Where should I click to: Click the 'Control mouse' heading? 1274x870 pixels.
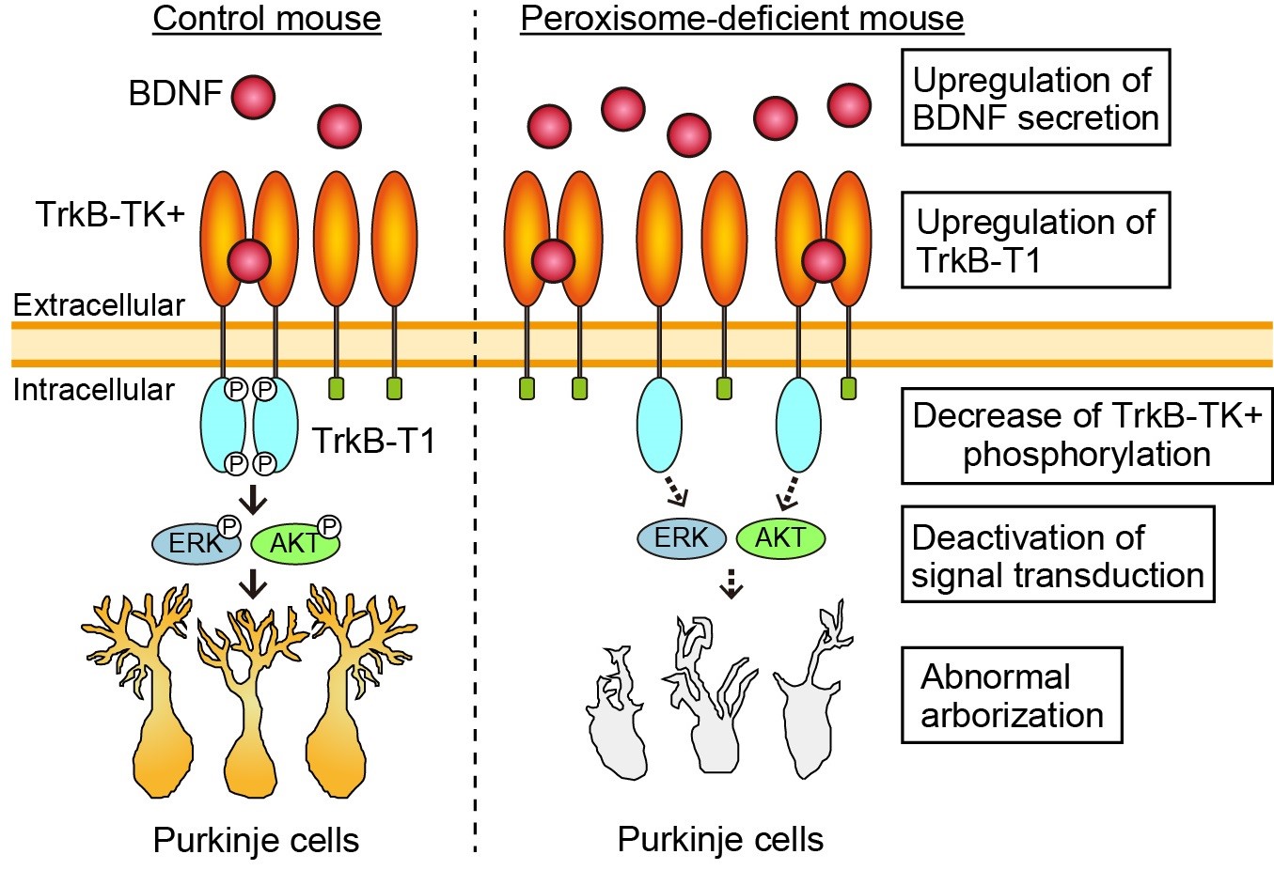coord(266,19)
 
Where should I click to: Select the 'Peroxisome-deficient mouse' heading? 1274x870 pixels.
coord(742,19)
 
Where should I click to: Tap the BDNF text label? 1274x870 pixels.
coord(175,94)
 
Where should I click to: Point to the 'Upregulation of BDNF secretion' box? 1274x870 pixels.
coord(1035,99)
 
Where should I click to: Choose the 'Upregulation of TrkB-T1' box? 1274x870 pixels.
coord(1035,240)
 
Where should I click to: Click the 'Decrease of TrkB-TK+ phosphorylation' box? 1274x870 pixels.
coord(1087,435)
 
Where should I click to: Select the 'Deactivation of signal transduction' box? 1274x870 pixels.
coord(1057,555)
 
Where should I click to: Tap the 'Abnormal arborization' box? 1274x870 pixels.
coord(1012,695)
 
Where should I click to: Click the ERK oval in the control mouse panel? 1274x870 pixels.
coord(195,542)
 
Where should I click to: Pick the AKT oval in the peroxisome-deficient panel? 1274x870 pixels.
coord(780,538)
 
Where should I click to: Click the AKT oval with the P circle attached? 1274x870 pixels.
coord(293,542)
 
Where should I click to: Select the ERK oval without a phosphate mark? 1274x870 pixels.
coord(682,538)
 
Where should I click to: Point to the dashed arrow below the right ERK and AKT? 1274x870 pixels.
coord(731,584)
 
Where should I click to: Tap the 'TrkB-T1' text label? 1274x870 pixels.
coord(373,440)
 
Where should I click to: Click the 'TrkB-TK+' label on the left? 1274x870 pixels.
coord(111,215)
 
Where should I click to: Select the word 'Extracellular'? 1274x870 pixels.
coord(99,305)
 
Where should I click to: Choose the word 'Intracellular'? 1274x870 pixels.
coord(94,389)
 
